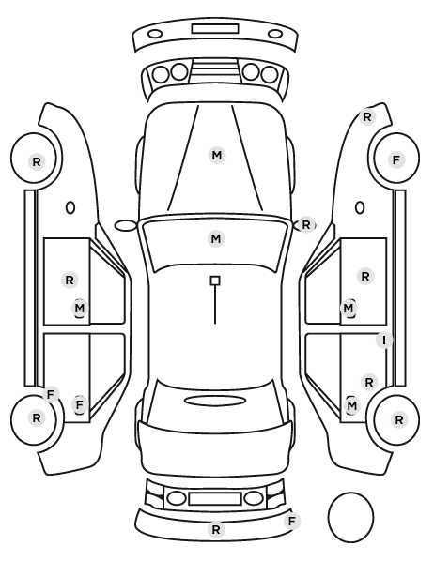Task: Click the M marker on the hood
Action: point(217,156)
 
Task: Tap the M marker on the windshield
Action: point(216,238)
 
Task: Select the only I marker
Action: point(384,341)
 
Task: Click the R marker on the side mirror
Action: point(305,225)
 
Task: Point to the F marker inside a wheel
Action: point(396,159)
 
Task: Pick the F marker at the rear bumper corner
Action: point(292,521)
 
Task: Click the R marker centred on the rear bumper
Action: point(216,529)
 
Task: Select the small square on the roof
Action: point(215,280)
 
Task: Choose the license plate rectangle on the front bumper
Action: point(215,29)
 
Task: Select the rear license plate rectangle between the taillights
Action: point(215,499)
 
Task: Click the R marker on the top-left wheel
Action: point(37,161)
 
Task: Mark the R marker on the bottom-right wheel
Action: point(399,419)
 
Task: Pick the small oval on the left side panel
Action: point(70,207)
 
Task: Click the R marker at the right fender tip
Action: point(367,116)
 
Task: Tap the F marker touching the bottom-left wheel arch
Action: point(51,394)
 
